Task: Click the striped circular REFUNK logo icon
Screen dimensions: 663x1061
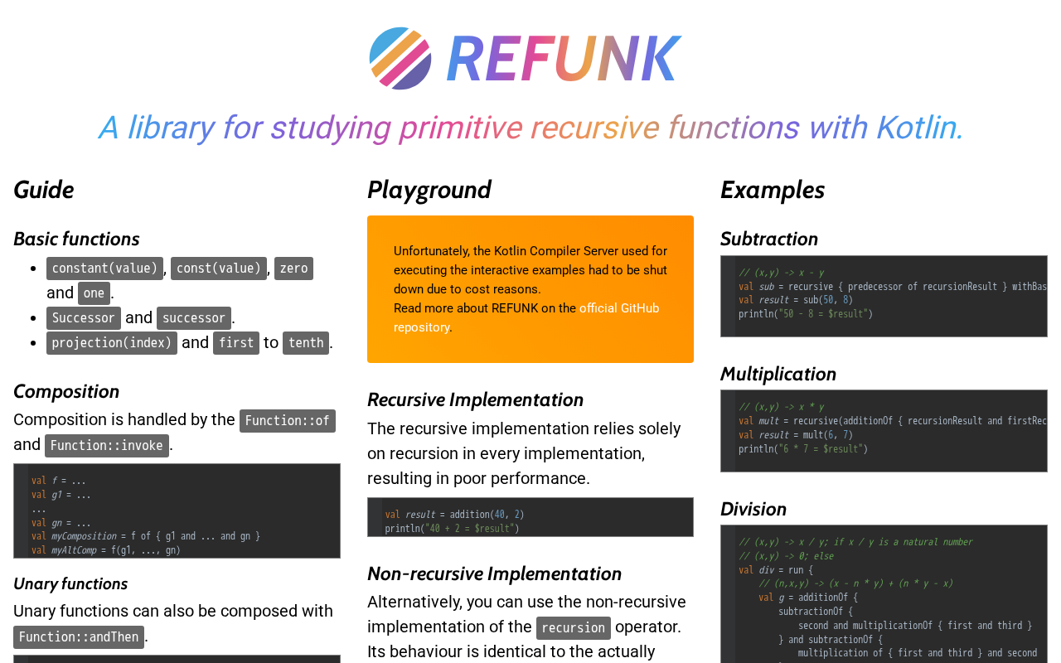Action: (400, 58)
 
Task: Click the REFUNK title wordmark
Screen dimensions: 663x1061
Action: (564, 59)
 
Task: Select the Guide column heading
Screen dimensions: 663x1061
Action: (44, 190)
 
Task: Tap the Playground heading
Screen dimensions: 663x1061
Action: (429, 190)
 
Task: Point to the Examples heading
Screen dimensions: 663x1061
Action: (773, 190)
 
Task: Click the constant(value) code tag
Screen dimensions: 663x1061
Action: (104, 269)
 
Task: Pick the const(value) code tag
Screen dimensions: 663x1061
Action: (219, 269)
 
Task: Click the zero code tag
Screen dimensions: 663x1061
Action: (293, 269)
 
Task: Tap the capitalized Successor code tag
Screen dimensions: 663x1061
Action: (84, 318)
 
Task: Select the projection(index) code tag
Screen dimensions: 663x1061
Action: (112, 343)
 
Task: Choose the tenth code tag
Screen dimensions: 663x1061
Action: (306, 343)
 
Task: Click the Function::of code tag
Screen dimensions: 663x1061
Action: (288, 421)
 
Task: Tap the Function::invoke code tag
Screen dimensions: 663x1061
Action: (107, 446)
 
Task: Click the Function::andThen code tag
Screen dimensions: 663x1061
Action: (79, 637)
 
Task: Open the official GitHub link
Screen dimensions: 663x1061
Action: (619, 308)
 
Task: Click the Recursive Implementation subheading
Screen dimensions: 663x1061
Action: (476, 399)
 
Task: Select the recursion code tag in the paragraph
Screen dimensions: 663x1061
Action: (574, 628)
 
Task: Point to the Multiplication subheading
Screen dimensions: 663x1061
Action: (778, 374)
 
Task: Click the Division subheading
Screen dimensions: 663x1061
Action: (753, 509)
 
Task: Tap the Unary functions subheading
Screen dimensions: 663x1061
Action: (70, 583)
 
